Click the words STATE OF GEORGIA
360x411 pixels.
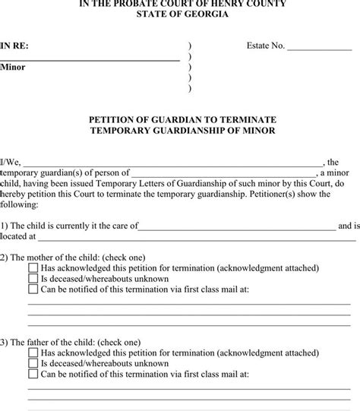point(179,16)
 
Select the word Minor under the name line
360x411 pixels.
point(13,67)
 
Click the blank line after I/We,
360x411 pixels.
point(175,164)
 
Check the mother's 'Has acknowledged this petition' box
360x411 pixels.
point(33,268)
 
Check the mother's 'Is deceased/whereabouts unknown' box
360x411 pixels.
point(33,279)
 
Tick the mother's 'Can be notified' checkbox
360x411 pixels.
point(33,289)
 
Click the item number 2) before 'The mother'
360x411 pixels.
point(5,258)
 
